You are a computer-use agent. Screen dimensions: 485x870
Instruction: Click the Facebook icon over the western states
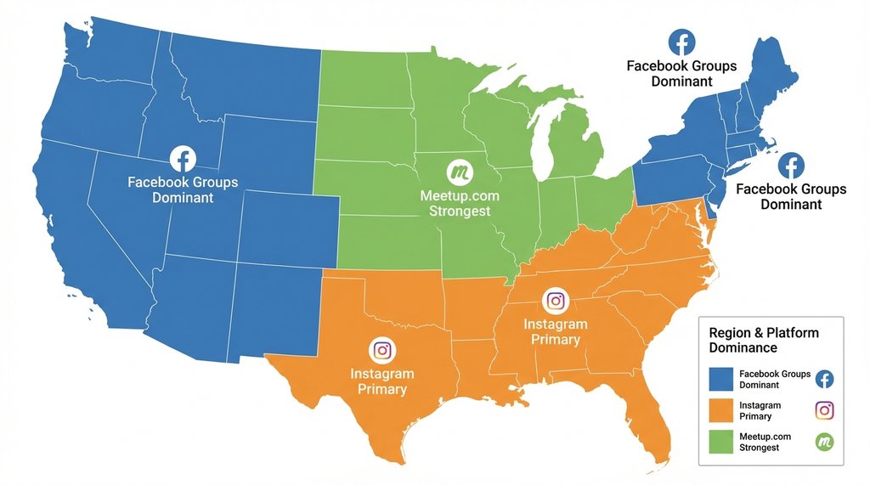coord(183,159)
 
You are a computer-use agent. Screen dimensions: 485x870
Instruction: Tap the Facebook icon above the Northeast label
coord(681,42)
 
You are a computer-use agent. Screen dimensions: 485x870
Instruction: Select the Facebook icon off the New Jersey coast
coord(791,165)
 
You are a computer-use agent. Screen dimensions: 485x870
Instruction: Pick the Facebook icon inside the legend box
coord(824,379)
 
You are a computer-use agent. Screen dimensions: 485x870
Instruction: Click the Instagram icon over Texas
coord(382,350)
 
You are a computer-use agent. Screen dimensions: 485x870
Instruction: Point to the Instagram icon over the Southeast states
coord(556,300)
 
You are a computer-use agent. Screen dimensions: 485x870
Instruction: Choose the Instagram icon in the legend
coord(824,410)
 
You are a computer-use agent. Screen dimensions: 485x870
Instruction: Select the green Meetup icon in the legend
coord(824,442)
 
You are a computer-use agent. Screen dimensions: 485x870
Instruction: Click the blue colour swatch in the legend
coord(719,379)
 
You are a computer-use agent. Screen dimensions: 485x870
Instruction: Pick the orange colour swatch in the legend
coord(719,411)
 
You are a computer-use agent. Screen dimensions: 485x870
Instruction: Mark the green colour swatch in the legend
coord(719,442)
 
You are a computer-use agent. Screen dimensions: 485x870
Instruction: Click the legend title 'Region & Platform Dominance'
coord(763,340)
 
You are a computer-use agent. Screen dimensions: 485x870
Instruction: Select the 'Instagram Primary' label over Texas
coord(382,381)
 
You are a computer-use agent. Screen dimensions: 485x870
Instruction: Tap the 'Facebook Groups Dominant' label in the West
coord(183,189)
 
